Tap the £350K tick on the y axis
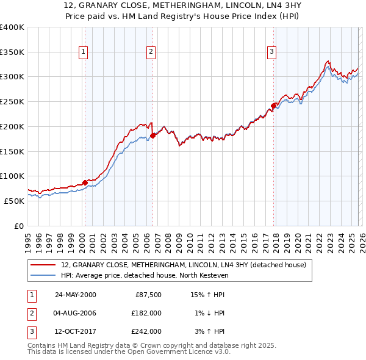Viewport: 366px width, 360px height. [12, 52]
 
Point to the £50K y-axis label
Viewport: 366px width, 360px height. [14, 201]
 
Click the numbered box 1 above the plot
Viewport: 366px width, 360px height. [83, 52]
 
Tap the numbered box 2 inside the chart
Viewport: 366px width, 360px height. [150, 52]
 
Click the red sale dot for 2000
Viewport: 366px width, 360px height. [85, 182]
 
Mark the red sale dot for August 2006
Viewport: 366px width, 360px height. [152, 135]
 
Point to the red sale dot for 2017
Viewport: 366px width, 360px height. [273, 106]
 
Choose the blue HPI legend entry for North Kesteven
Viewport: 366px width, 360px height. [144, 275]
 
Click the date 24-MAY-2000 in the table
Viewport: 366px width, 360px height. [76, 295]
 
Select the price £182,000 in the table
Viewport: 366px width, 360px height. [146, 313]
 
